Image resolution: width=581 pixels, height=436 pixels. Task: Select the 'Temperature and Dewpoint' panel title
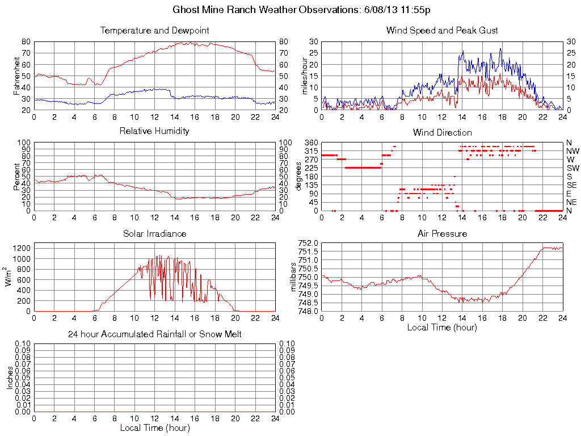click(x=154, y=30)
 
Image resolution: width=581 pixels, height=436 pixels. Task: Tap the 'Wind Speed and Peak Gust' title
click(x=442, y=30)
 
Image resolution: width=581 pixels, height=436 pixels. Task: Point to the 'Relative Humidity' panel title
click(x=154, y=131)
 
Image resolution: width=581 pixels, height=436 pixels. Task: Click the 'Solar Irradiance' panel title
click(x=154, y=233)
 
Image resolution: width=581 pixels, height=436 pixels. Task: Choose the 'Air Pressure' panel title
click(x=442, y=233)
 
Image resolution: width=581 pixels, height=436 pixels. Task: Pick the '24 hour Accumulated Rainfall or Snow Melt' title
click(x=154, y=334)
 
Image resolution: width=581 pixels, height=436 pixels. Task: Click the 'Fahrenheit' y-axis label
click(x=17, y=76)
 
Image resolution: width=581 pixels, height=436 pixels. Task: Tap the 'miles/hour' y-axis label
click(x=305, y=76)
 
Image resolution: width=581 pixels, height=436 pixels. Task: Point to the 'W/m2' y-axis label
click(x=9, y=276)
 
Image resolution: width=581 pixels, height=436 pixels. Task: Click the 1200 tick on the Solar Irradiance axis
click(x=22, y=248)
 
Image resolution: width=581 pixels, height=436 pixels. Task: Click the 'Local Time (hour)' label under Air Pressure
click(x=442, y=327)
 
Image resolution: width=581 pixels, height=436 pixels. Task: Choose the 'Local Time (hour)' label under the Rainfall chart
click(x=154, y=427)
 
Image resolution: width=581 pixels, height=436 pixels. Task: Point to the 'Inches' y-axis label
click(x=10, y=378)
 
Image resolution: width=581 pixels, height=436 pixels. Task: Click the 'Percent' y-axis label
click(x=17, y=176)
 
